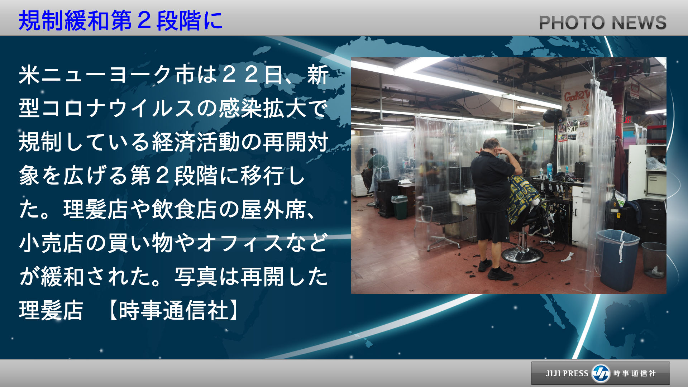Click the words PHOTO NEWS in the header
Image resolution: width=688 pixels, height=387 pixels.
603,23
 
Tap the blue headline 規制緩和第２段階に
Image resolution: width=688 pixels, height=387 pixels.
120,20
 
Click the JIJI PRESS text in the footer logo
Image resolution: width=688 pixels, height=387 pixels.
567,373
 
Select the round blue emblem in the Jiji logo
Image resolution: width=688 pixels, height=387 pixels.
601,373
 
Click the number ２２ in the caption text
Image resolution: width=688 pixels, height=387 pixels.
240,75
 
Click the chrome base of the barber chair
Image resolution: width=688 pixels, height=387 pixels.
522,253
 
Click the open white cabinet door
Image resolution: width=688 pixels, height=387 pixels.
637,173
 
